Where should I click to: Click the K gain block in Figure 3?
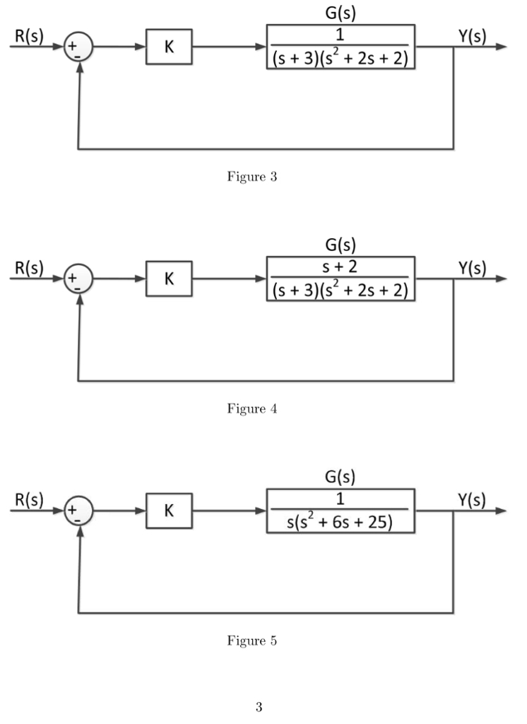169,47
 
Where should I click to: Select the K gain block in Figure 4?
169,279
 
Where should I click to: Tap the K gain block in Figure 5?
169,510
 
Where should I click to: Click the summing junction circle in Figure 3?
78,47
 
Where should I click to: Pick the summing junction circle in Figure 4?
78,279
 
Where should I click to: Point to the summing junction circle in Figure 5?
78,511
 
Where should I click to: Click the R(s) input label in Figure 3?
29,36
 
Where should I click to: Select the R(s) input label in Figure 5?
29,500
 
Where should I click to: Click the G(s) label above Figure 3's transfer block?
341,13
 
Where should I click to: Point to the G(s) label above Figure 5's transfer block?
341,477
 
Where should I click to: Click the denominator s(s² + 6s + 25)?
341,522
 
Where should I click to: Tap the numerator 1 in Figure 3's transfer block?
341,35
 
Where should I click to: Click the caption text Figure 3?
251,177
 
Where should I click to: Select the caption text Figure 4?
251,409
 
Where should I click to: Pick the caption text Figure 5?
251,641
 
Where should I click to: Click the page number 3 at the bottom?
259,707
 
